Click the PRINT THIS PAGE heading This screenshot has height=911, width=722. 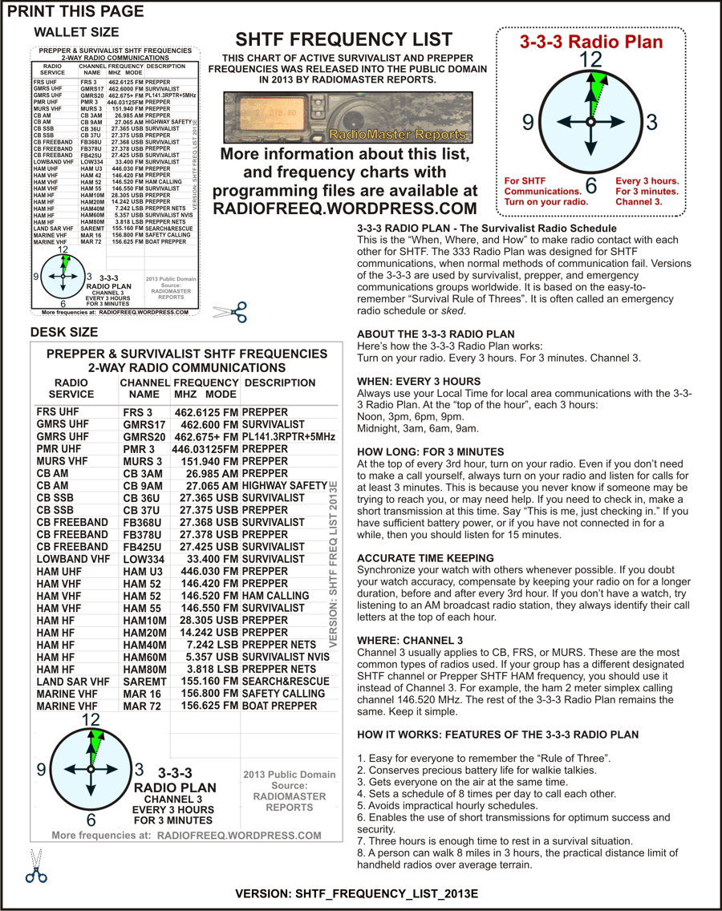tap(75, 11)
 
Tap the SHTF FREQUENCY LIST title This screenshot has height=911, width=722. tap(343, 40)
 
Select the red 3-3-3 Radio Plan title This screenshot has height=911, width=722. tap(591, 43)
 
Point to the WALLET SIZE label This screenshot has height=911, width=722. tap(76, 32)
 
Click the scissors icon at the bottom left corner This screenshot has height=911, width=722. tap(35, 866)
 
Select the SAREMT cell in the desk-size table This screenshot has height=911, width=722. tap(144, 682)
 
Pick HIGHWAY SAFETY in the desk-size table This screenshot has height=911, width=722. tap(284, 486)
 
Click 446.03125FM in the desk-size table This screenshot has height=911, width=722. tap(205, 449)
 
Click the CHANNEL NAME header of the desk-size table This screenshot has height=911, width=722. tap(144, 388)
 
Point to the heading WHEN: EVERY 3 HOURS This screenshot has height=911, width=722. tap(419, 382)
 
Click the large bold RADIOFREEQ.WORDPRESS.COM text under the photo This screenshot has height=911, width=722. tap(345, 208)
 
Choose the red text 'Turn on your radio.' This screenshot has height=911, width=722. tap(546, 202)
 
